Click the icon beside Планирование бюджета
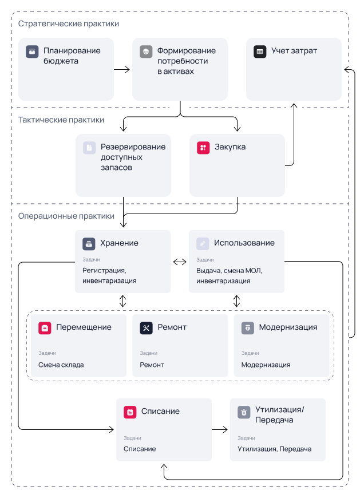coord(32,52)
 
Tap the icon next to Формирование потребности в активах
coord(146,52)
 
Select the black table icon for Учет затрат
coord(260,52)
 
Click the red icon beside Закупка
coord(203,148)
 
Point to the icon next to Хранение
coord(89,244)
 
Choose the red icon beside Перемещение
coord(45,328)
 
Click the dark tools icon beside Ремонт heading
coord(146,328)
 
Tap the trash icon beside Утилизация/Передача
coord(244,412)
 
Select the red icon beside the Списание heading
coord(130,412)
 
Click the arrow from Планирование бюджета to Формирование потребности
coord(122,70)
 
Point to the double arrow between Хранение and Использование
coord(180,262)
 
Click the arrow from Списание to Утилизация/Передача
coord(220,430)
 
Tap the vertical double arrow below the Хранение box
coord(123,301)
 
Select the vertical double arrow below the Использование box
coord(236,301)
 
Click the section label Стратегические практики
coord(69,24)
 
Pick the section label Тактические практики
coord(61,120)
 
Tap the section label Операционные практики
coord(66,216)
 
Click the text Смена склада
coord(61,365)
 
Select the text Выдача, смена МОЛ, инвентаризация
coord(229,276)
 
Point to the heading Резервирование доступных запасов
coord(133,157)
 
